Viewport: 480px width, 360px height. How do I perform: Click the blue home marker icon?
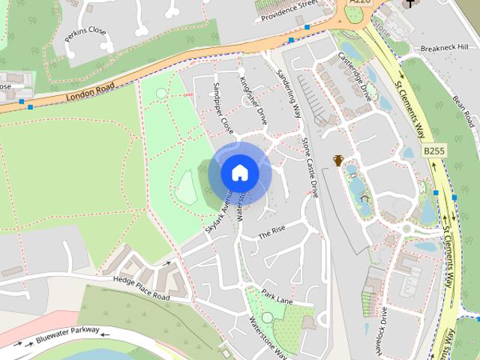[x=239, y=173]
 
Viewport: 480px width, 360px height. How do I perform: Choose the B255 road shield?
[x=434, y=151]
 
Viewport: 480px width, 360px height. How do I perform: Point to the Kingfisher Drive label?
[x=253, y=100]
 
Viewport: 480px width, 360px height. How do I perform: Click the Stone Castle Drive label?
[x=310, y=166]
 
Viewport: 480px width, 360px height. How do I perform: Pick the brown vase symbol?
[x=338, y=160]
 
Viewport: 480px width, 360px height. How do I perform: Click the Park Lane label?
[x=277, y=298]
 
